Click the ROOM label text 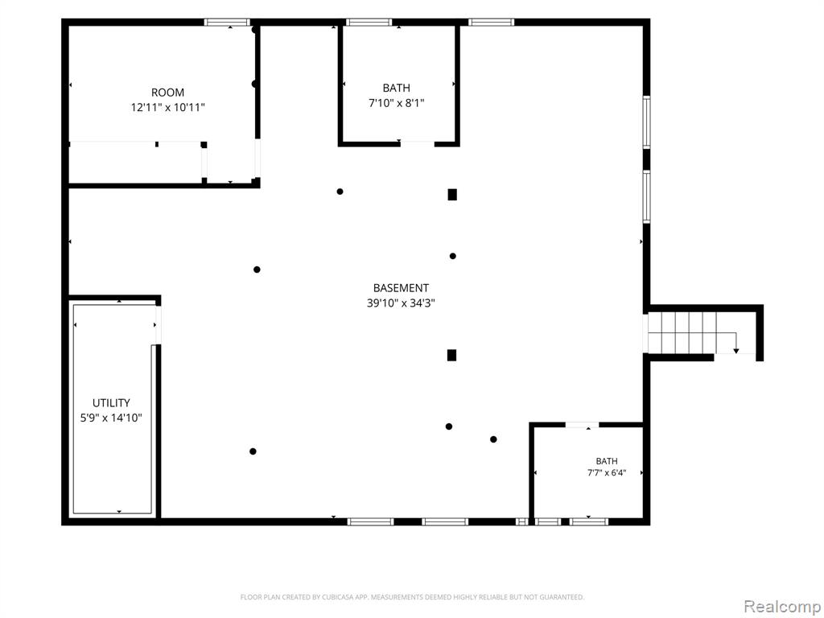167,93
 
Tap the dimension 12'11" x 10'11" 167,108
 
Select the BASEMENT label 401,288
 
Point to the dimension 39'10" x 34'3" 401,303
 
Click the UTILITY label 111,403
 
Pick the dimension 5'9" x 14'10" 111,418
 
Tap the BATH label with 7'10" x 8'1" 396,89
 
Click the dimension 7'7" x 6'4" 607,473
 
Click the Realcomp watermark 782,606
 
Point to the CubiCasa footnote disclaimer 412,597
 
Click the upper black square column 452,195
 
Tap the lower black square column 451,355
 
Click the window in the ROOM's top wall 227,22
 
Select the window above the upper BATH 369,22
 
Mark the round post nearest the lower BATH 493,439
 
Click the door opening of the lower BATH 582,425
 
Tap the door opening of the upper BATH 418,143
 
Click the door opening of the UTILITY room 158,325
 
